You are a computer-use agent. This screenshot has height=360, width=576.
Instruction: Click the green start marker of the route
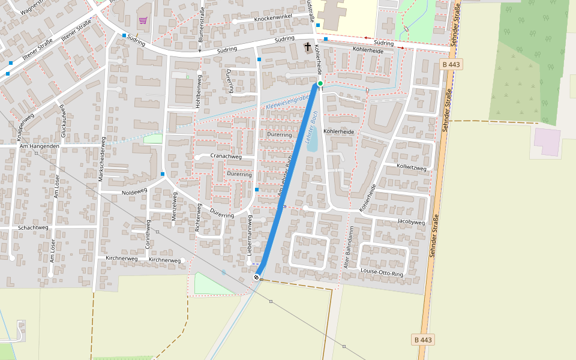[320, 83]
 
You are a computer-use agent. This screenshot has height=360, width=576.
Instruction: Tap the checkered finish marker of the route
[257, 277]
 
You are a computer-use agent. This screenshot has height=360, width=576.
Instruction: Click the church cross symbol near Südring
[308, 47]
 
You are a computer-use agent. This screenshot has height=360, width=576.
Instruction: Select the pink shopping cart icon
[143, 20]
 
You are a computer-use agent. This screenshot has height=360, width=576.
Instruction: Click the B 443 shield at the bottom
[423, 340]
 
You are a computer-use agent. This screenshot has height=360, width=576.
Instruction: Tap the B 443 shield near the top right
[451, 64]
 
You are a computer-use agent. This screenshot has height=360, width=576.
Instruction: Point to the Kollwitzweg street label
[411, 168]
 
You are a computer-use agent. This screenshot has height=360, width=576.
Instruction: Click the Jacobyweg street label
[410, 222]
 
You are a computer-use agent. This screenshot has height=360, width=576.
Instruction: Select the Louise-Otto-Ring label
[382, 272]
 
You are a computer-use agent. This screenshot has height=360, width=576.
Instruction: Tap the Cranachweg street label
[226, 157]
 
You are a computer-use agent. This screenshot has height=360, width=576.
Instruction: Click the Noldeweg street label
[134, 192]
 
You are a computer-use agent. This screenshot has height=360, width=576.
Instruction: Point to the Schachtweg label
[33, 227]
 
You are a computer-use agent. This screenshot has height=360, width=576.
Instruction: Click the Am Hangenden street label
[40, 146]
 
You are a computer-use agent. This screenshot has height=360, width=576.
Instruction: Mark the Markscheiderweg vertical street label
[102, 163]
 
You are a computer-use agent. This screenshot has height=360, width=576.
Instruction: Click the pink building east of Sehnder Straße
[547, 142]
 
